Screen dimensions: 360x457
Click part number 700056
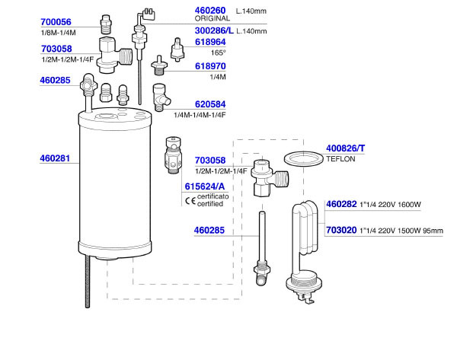pyautogui.click(x=55, y=23)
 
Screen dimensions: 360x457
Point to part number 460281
pyautogui.click(x=55, y=159)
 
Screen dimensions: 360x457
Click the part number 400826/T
pyautogui.click(x=346, y=148)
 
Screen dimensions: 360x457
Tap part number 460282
pyautogui.click(x=341, y=205)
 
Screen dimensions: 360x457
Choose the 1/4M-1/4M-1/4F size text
pyautogui.click(x=200, y=115)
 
